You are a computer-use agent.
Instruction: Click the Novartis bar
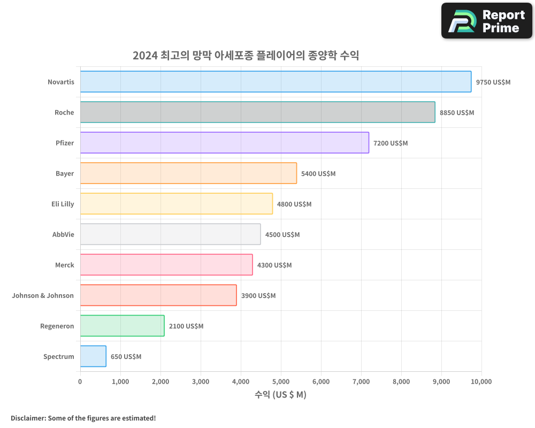coord(276,82)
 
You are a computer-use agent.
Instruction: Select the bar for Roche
coord(257,112)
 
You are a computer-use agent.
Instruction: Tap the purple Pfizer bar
coord(224,143)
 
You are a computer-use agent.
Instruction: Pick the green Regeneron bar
coord(122,326)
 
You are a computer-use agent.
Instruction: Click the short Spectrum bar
coord(93,356)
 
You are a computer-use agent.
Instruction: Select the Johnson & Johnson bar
coord(158,295)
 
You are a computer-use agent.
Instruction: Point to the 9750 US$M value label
coord(493,82)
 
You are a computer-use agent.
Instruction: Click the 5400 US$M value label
coord(318,174)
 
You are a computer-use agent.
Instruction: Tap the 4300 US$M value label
coord(274,265)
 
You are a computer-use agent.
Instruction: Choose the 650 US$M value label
coord(126,357)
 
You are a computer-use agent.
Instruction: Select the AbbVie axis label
coord(63,235)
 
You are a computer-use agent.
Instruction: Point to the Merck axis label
coord(64,265)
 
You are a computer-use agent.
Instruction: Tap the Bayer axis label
coord(65,174)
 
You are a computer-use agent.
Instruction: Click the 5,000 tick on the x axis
coord(281,381)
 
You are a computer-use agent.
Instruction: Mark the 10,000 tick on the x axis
coord(480,381)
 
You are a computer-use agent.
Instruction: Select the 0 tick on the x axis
coord(80,381)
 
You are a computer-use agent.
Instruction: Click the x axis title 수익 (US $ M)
coord(280,395)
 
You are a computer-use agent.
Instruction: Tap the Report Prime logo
coord(487,21)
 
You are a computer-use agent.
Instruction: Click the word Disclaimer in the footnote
coord(28,418)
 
